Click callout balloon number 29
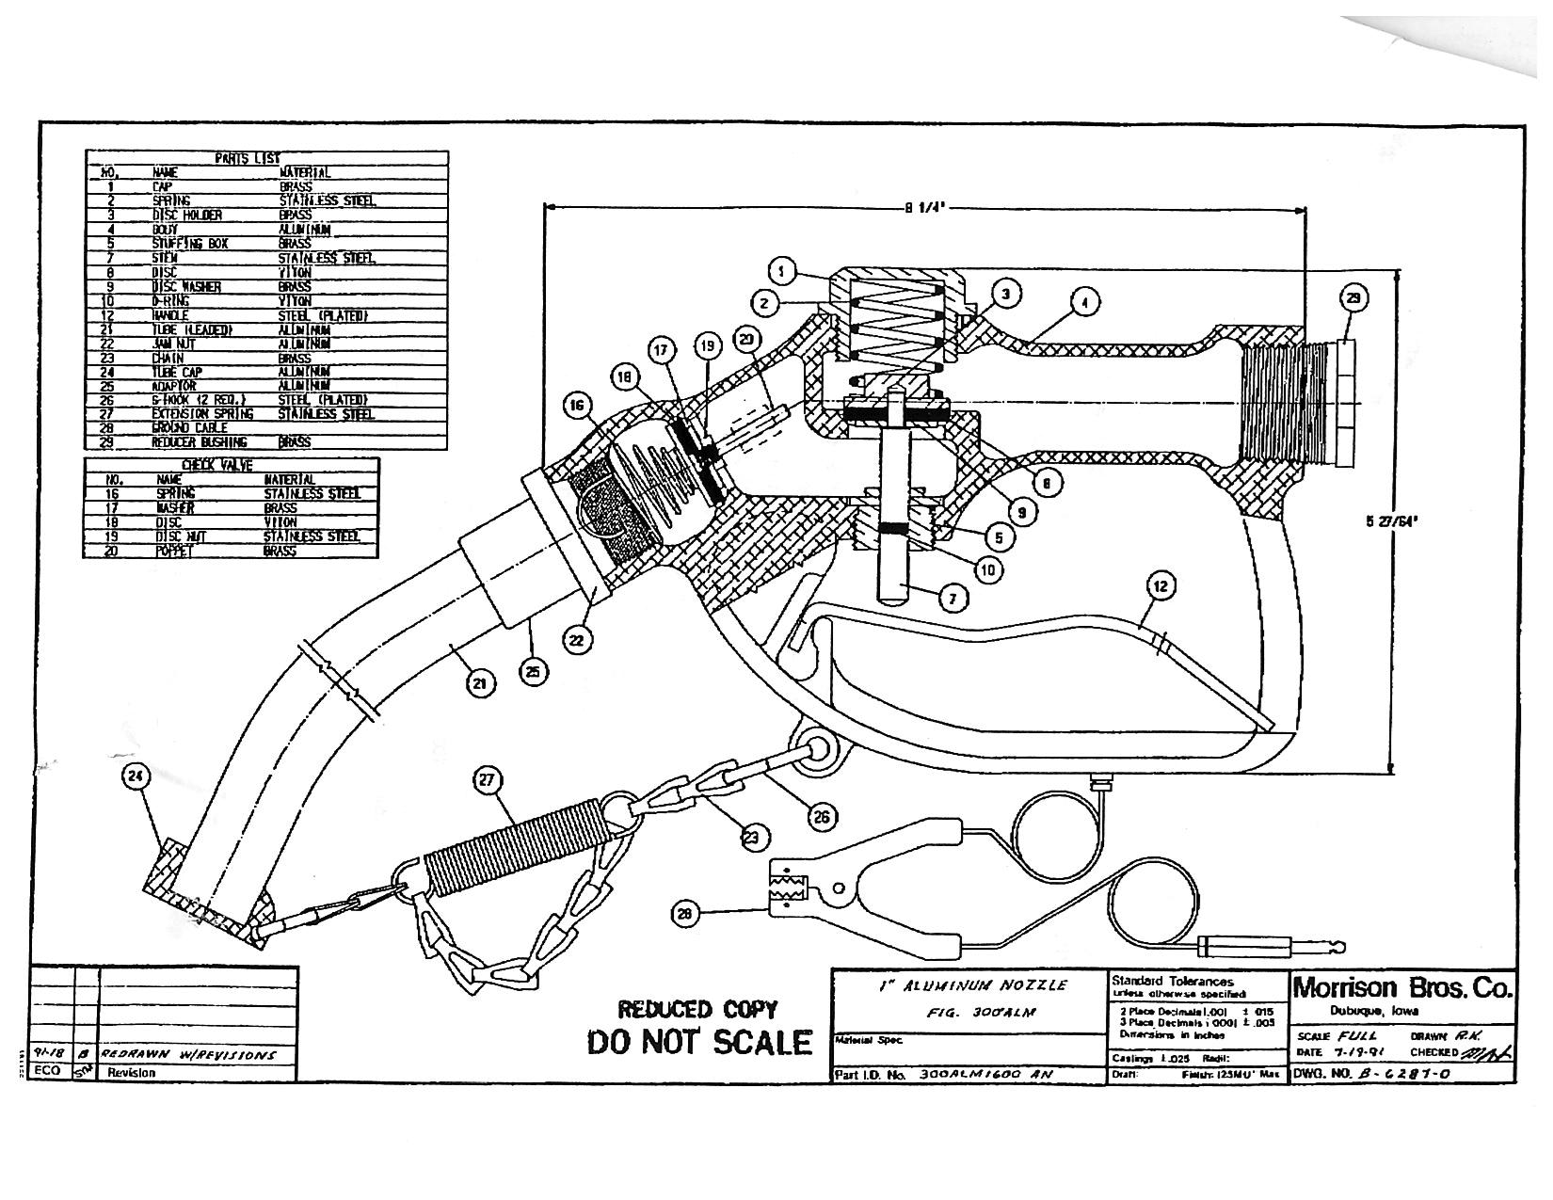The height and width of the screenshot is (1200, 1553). coord(1353,299)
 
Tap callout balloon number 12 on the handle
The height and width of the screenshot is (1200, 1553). coord(1160,587)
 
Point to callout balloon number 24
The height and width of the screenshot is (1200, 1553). coord(136,776)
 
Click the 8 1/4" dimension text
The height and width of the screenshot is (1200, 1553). coord(923,209)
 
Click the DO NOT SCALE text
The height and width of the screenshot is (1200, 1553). coord(698,1042)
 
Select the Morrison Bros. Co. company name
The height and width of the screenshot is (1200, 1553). coord(1402,988)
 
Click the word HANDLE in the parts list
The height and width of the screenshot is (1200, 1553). coord(170,315)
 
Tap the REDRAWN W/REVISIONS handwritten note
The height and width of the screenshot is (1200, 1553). coord(188,1054)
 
